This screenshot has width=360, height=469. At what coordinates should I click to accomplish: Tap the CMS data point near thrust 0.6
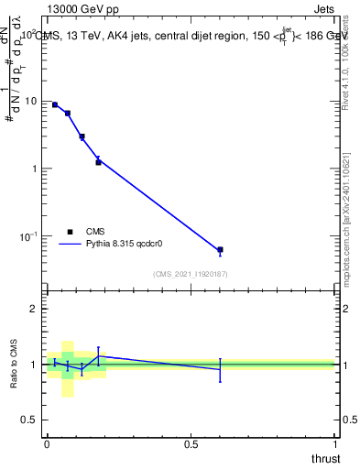coord(220,250)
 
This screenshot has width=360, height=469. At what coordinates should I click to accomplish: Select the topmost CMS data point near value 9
coord(55,105)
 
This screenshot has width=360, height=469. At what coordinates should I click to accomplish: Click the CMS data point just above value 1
coord(98,162)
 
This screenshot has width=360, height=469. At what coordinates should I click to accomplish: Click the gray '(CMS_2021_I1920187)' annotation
coord(191,273)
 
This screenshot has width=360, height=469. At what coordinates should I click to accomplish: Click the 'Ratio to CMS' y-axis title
coord(13,365)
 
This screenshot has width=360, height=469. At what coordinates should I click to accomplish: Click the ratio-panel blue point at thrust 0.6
coord(220,369)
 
